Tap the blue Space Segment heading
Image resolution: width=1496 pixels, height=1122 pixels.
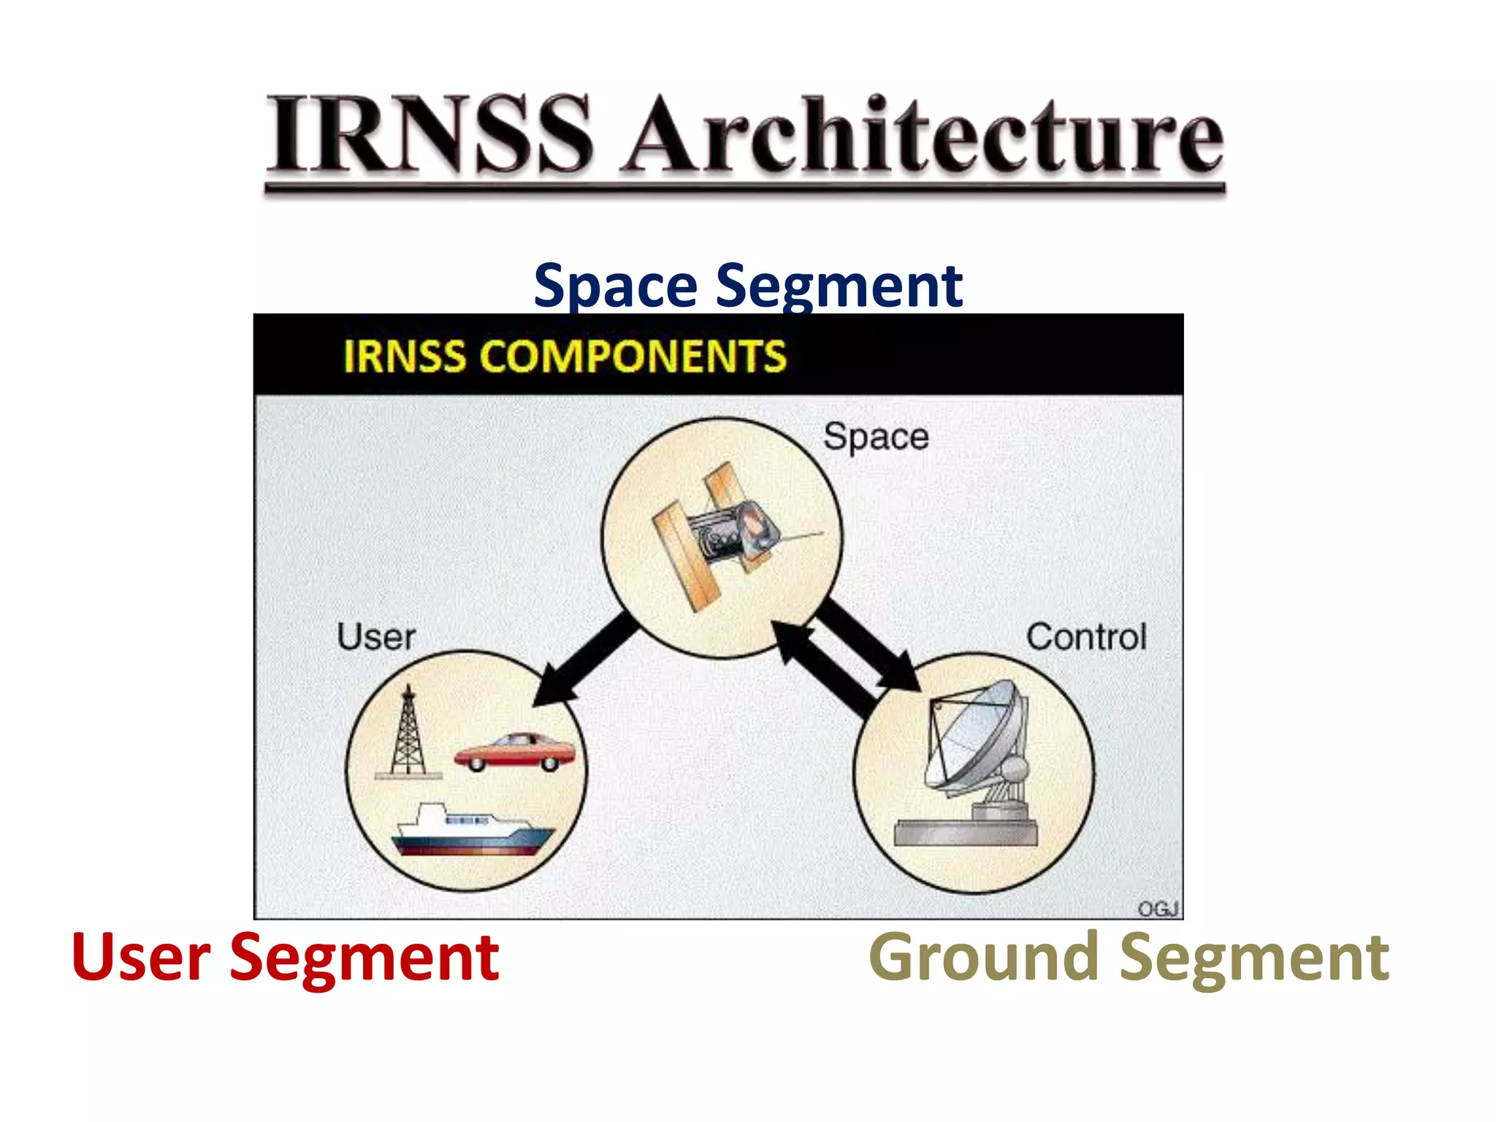747,286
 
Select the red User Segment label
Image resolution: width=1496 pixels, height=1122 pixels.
285,958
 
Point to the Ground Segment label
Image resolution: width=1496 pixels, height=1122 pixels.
1129,958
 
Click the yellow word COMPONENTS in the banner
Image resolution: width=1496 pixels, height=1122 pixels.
633,356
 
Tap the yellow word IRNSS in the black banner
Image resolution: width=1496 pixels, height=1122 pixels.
404,356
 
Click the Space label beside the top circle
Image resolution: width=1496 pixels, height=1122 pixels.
875,438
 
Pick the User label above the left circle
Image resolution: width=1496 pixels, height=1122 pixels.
375,637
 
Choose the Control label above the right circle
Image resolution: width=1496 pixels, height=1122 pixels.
1085,637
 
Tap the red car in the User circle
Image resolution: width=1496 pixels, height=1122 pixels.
514,752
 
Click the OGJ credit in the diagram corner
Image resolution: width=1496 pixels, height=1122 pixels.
1158,908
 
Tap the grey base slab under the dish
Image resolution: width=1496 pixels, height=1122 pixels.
966,833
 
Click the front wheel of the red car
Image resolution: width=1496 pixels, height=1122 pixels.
477,764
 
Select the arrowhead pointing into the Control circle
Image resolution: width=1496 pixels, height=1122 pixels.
901,672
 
